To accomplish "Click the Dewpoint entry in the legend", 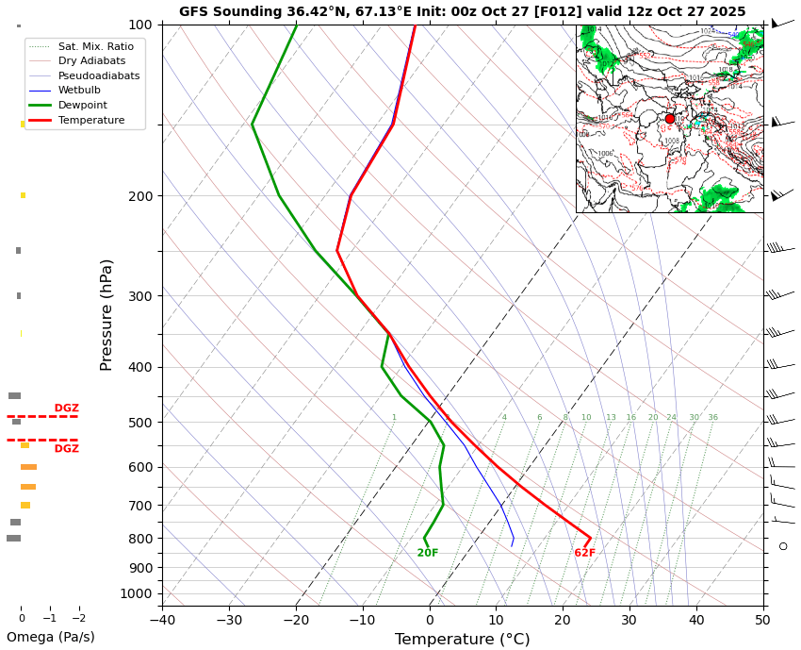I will coord(82,106).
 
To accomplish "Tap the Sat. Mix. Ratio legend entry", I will coord(95,46).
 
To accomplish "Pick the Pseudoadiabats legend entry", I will coord(98,75).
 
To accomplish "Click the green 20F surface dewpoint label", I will coord(428,553).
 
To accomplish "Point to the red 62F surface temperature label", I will coord(584,553).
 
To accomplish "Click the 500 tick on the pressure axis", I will coord(139,423).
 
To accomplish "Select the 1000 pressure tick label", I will coord(137,593).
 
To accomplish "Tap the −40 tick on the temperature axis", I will coord(162,620).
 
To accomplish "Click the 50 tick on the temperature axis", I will coord(762,620).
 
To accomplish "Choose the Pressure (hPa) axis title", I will coord(106,314).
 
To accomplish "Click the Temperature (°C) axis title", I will coord(462,640).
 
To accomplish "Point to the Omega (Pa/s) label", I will coord(51,637).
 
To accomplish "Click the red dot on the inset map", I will coord(670,118).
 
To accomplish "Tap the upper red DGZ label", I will coord(66,408).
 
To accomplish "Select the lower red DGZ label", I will coord(66,449).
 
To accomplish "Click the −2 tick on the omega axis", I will coord(78,619).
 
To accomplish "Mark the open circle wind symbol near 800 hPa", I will coord(782,546).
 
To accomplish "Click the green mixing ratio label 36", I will coord(712,418).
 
